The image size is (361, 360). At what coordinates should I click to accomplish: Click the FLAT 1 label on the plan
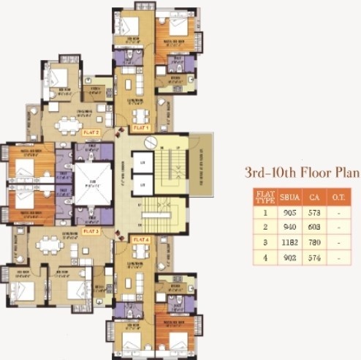point(140,128)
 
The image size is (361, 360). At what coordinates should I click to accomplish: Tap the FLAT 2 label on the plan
point(91,132)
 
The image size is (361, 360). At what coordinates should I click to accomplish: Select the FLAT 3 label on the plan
point(91,230)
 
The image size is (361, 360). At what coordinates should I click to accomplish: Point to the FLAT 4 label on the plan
point(140,239)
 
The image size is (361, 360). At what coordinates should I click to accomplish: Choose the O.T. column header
point(341,196)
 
